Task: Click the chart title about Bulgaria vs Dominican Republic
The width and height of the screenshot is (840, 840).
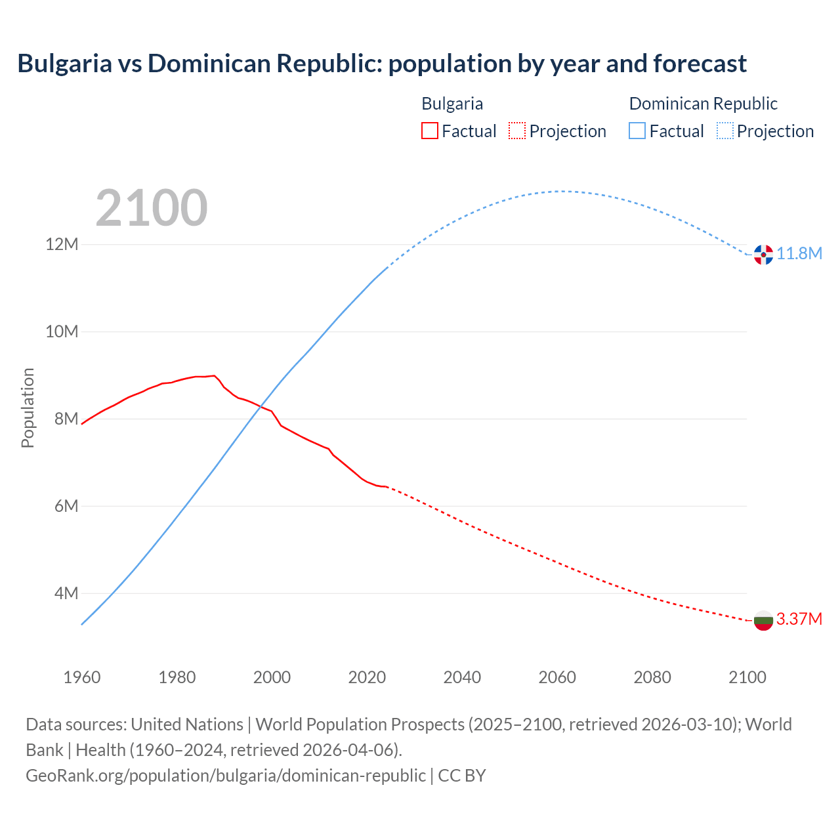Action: click(381, 64)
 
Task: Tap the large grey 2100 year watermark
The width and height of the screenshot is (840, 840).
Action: click(152, 208)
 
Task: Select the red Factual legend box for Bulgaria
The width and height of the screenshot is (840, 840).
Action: click(429, 131)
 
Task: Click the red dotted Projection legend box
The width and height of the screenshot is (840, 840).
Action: click(517, 131)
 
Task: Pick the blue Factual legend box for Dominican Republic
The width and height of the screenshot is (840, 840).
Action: click(637, 131)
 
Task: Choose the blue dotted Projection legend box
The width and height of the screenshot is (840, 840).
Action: click(725, 131)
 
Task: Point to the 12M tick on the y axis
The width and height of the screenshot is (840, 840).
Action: click(62, 244)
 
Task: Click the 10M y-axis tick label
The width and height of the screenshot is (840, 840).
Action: click(62, 331)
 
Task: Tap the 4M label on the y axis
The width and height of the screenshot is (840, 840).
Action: click(66, 593)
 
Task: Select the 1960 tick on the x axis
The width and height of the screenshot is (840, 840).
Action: click(82, 677)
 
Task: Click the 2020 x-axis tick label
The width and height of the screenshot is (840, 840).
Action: click(367, 677)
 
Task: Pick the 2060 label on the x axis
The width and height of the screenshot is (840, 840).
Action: click(557, 677)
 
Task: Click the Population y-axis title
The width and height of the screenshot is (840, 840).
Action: click(28, 408)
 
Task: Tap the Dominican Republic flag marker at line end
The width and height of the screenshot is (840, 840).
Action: click(763, 254)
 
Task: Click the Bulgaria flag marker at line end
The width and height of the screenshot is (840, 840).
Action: click(763, 620)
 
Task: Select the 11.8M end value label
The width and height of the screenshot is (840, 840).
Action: click(799, 254)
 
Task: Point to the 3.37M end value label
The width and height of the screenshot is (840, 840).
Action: click(799, 619)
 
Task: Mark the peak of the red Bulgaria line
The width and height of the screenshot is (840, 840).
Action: click(214, 375)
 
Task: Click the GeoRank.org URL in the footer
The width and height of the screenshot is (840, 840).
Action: click(225, 775)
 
